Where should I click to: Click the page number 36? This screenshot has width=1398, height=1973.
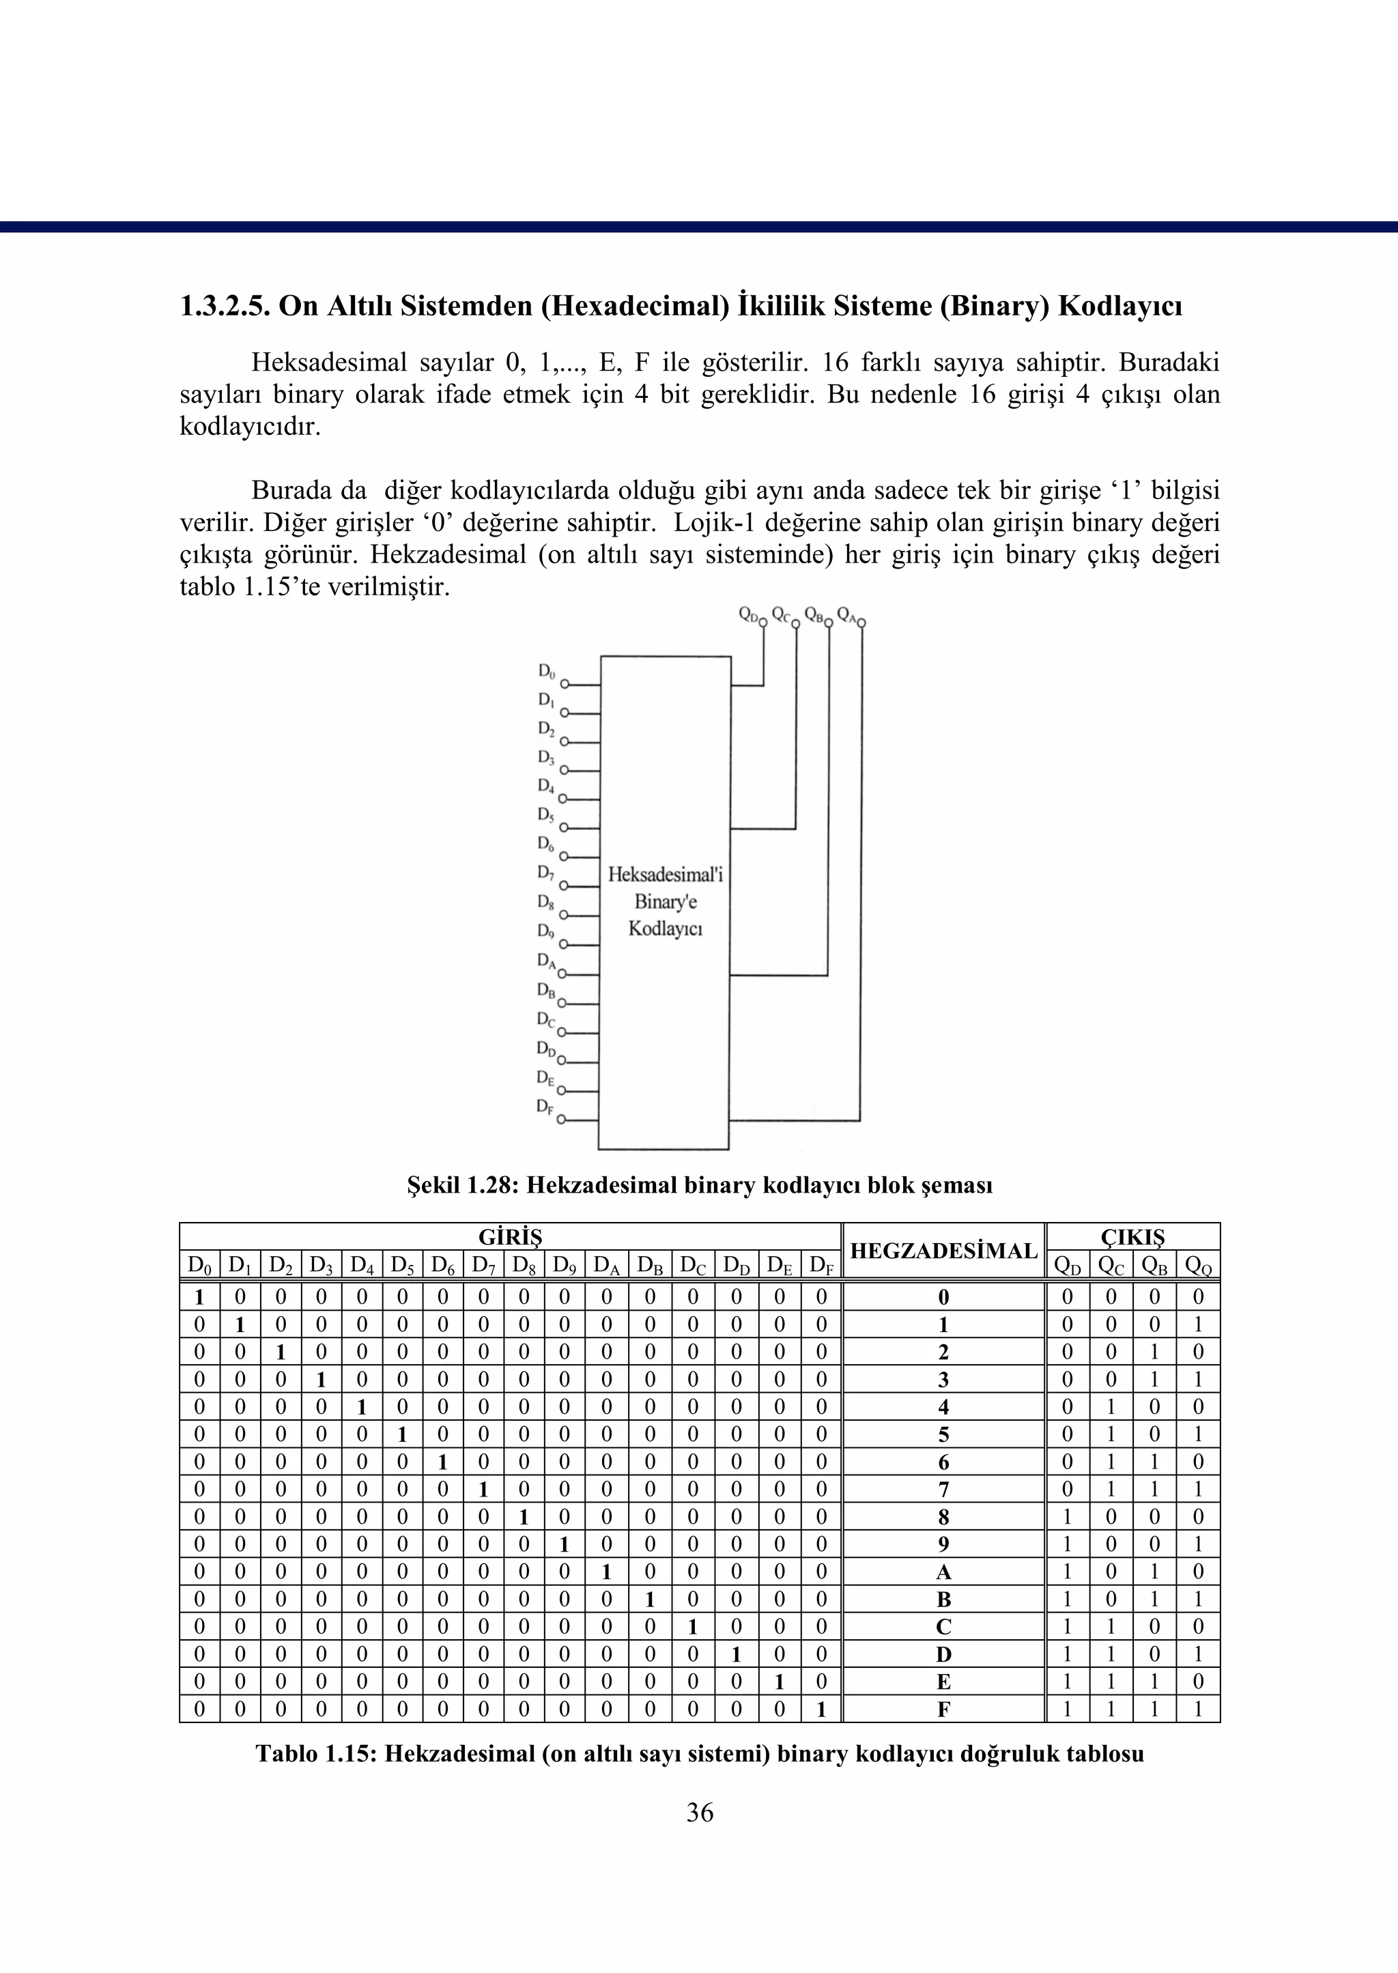point(699,1812)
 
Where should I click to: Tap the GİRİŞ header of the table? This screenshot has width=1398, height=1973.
point(510,1237)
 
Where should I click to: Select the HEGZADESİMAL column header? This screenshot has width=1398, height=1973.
point(943,1251)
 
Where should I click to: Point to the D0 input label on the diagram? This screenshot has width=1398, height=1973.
point(547,670)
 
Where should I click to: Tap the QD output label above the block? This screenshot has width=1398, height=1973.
point(750,614)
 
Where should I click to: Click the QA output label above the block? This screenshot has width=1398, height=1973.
point(847,614)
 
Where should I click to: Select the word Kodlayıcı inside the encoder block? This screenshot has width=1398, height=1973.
point(666,929)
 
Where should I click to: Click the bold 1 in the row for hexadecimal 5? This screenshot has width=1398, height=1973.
point(401,1434)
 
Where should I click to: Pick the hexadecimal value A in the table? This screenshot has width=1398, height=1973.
point(943,1572)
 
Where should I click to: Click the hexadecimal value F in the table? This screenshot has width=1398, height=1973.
point(943,1709)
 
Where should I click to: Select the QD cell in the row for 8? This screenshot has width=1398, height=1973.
point(1068,1517)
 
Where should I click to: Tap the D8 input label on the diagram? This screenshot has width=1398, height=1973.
point(546,902)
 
